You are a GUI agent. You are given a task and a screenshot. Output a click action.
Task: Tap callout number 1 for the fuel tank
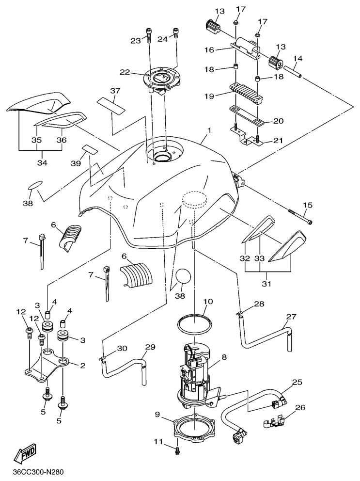209,131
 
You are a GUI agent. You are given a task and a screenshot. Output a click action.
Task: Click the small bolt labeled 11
177,450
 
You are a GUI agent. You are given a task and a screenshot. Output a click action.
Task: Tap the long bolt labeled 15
300,217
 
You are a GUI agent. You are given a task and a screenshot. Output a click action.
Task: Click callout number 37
115,91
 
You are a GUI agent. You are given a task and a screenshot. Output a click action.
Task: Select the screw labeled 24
175,35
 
